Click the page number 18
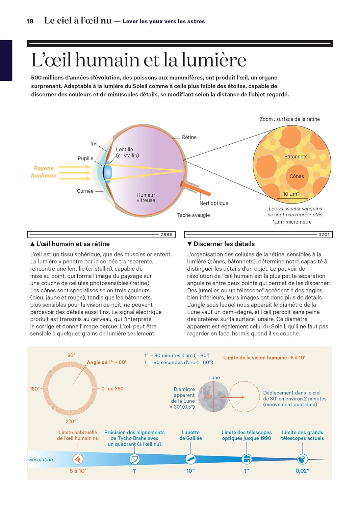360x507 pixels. point(30,21)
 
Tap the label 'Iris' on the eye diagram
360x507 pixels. point(94,144)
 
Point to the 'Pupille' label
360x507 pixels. point(85,158)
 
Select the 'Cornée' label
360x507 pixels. point(85,191)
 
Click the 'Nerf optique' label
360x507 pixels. point(214,203)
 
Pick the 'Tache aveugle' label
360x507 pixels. point(193,215)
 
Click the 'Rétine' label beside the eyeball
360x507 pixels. point(189,137)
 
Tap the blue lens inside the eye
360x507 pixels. point(108,172)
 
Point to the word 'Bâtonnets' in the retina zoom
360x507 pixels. point(296,156)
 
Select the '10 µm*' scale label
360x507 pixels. point(290,194)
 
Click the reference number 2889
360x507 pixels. point(166,235)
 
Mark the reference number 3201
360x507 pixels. point(324,235)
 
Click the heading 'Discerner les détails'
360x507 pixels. point(224,244)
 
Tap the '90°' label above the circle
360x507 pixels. point(71,355)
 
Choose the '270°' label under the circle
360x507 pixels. point(71,421)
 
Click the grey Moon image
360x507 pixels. point(213,396)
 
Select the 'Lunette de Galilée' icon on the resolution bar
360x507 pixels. point(190,459)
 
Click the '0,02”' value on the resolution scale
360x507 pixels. point(302,471)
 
